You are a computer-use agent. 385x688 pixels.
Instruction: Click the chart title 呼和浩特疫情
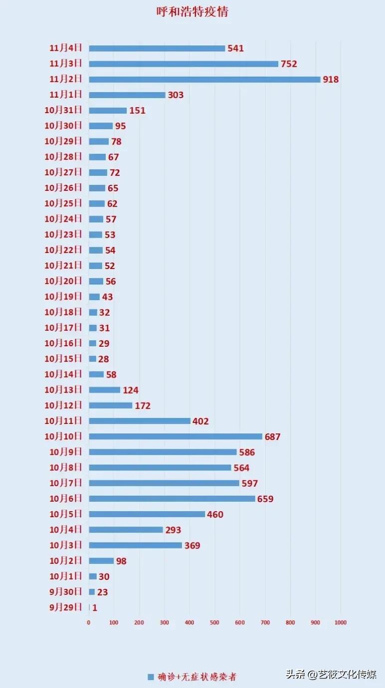point(192,12)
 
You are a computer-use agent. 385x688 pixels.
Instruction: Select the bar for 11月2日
point(204,79)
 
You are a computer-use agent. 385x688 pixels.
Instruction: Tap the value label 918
point(331,79)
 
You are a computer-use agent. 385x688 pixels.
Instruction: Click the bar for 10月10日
point(176,436)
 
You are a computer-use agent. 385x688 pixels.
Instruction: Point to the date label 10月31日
point(63,110)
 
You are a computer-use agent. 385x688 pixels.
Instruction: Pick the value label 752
point(289,64)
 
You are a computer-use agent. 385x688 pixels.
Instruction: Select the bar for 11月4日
point(157,48)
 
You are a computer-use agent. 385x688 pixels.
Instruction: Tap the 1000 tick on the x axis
point(340,622)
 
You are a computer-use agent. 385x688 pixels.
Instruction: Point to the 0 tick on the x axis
point(89,622)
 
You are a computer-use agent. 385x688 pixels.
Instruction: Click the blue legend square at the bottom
point(151,677)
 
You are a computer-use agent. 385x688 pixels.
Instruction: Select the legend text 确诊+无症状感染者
point(197,677)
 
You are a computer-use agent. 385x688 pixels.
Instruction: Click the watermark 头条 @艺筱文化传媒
point(331,675)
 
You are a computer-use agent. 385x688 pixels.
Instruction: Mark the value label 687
point(273,437)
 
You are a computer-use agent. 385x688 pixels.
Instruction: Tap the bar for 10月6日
point(172,499)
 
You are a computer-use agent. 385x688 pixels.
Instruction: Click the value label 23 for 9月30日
point(103,592)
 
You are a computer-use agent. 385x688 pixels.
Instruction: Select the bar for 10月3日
point(136,545)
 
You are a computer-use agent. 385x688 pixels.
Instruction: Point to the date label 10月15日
point(63,359)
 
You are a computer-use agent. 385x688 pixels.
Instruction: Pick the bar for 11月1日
point(127,95)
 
